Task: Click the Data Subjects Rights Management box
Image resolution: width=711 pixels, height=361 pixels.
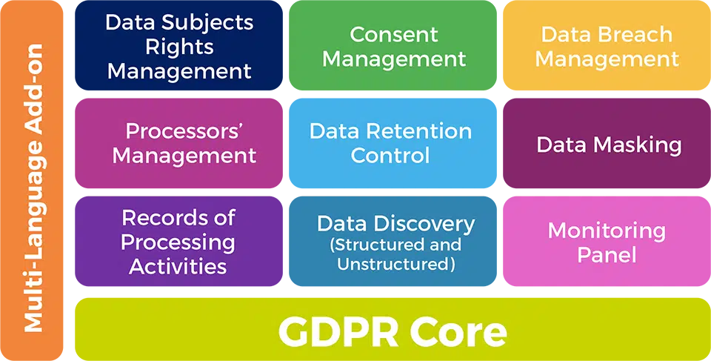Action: tap(178, 45)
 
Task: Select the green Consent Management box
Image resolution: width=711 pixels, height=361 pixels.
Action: tap(393, 45)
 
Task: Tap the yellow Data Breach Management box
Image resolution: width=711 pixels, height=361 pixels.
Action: tap(607, 45)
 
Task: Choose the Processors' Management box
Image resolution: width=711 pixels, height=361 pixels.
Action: tap(178, 143)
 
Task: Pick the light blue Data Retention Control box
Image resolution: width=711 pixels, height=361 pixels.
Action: tap(393, 143)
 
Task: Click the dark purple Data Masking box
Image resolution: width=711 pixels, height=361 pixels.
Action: tap(607, 143)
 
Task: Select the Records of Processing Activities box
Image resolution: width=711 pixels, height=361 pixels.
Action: tap(178, 241)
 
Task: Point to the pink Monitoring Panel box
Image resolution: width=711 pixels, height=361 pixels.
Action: tap(607, 241)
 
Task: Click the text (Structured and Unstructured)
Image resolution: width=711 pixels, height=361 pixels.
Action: tap(396, 255)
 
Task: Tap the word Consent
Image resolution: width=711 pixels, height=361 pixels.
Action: tap(394, 35)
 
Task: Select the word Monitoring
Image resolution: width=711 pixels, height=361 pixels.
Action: tap(607, 231)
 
